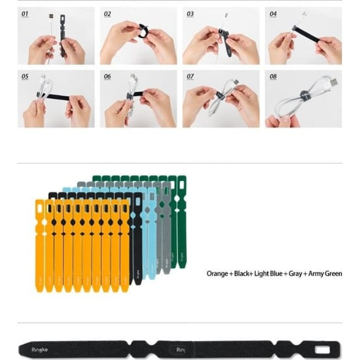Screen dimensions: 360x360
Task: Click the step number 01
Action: (25, 14)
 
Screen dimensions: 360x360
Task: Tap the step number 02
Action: (107, 14)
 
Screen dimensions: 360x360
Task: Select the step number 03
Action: (190, 14)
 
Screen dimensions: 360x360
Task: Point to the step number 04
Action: (273, 14)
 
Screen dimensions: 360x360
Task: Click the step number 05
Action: (25, 76)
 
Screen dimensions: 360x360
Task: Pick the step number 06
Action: (107, 76)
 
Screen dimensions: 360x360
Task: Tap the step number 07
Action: (190, 76)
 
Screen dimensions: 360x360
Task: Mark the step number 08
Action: (273, 76)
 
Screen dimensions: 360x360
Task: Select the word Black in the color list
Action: (242, 274)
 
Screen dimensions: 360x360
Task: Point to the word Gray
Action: (295, 274)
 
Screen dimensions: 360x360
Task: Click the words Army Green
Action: (325, 274)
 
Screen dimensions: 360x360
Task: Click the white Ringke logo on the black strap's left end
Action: (40, 350)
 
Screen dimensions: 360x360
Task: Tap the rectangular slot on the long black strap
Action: (322, 350)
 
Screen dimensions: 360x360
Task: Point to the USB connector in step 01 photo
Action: (51, 16)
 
